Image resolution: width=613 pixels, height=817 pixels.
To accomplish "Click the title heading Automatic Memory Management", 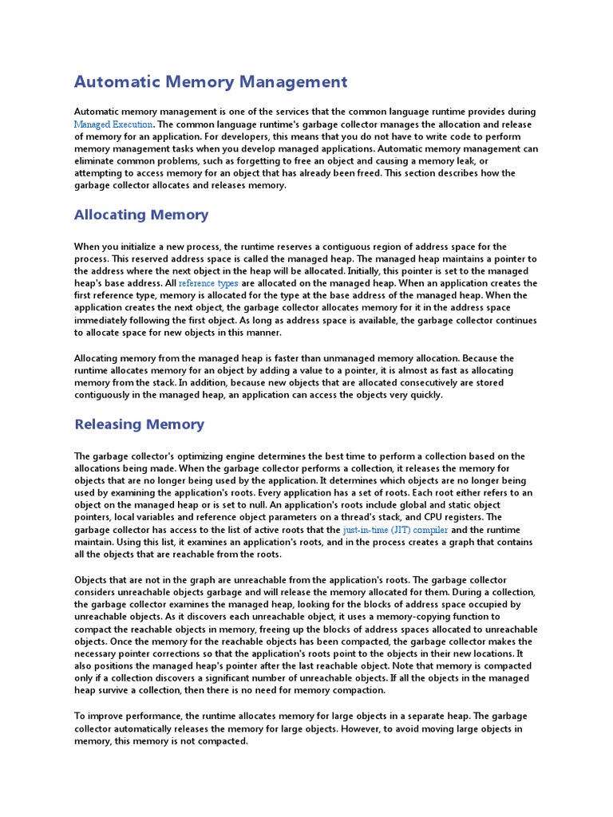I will point(211,81).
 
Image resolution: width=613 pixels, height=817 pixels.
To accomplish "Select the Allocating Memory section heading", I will point(141,215).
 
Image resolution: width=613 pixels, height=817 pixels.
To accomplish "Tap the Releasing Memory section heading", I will point(139,424).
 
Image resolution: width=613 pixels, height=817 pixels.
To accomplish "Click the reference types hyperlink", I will point(208,283).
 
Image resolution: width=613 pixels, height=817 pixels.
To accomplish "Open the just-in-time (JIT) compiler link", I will point(396,529).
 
